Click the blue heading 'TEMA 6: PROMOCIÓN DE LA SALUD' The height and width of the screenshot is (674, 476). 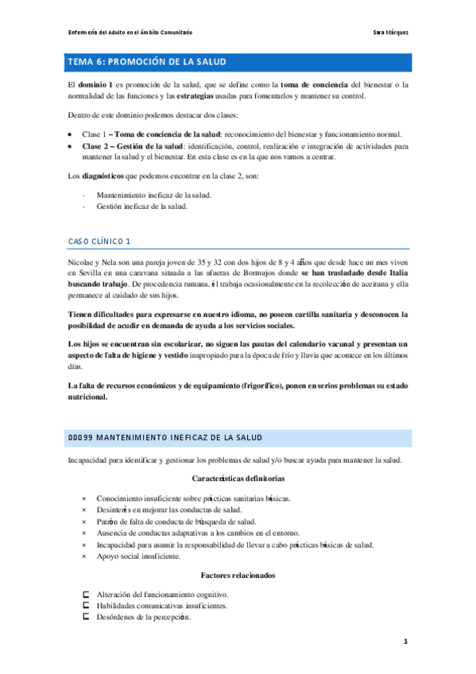(146, 61)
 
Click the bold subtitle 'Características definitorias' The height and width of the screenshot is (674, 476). (238, 478)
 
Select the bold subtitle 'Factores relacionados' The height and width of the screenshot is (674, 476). (238, 574)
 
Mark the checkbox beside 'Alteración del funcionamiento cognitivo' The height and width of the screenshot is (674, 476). (85, 594)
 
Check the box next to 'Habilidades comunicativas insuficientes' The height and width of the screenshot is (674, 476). (85, 605)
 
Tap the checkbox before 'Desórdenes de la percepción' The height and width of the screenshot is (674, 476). (85, 617)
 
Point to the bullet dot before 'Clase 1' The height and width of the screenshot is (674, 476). (71, 134)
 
